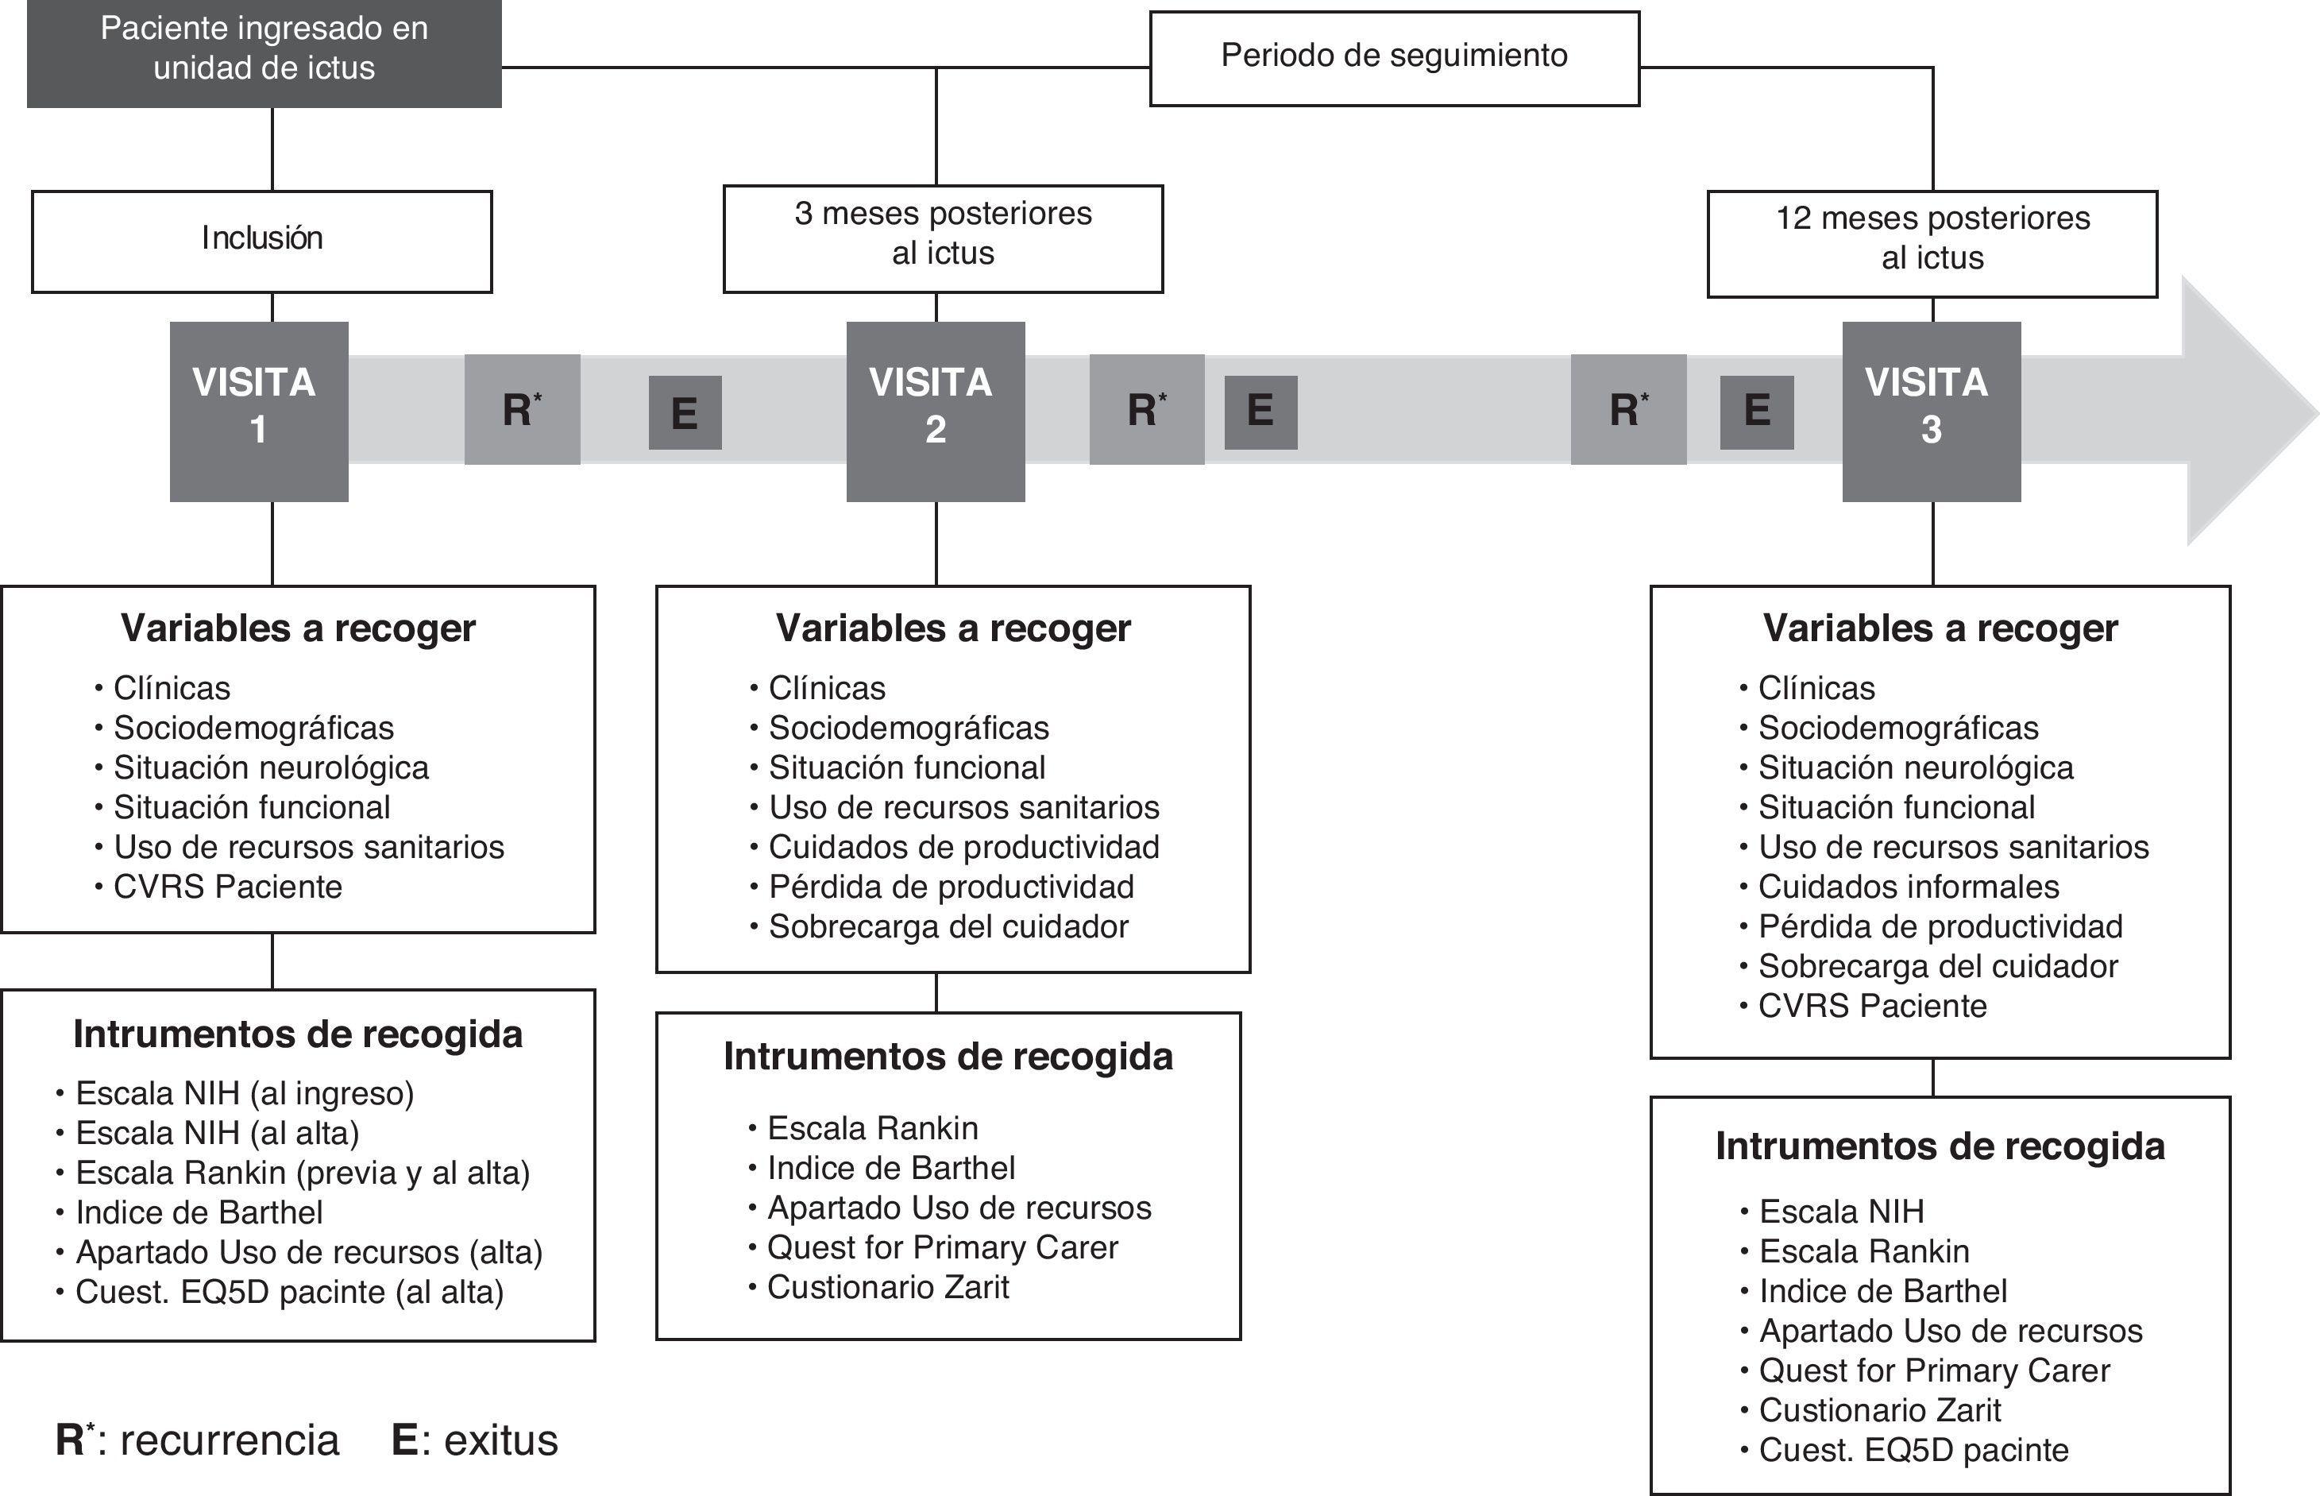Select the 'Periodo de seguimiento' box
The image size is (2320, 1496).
(x=1394, y=56)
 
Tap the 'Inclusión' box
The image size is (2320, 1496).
(x=261, y=240)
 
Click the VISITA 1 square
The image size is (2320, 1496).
(x=258, y=410)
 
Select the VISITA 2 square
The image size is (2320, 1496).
(x=934, y=410)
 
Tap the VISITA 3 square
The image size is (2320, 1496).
(x=1931, y=410)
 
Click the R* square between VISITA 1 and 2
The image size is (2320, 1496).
(x=522, y=410)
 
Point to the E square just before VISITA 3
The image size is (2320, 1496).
(x=1756, y=412)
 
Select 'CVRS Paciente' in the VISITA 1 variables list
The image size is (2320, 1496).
(x=227, y=887)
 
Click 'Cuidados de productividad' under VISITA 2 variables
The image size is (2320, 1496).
(x=963, y=847)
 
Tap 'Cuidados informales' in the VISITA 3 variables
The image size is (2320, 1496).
(x=1909, y=887)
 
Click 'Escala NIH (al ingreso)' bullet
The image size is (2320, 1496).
(x=245, y=1094)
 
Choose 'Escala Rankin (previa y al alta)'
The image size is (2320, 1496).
(x=302, y=1173)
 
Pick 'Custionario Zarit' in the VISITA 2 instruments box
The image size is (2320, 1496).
(x=888, y=1288)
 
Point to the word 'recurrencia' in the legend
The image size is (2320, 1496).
(x=230, y=1440)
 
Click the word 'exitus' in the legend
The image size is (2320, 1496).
(x=501, y=1440)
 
